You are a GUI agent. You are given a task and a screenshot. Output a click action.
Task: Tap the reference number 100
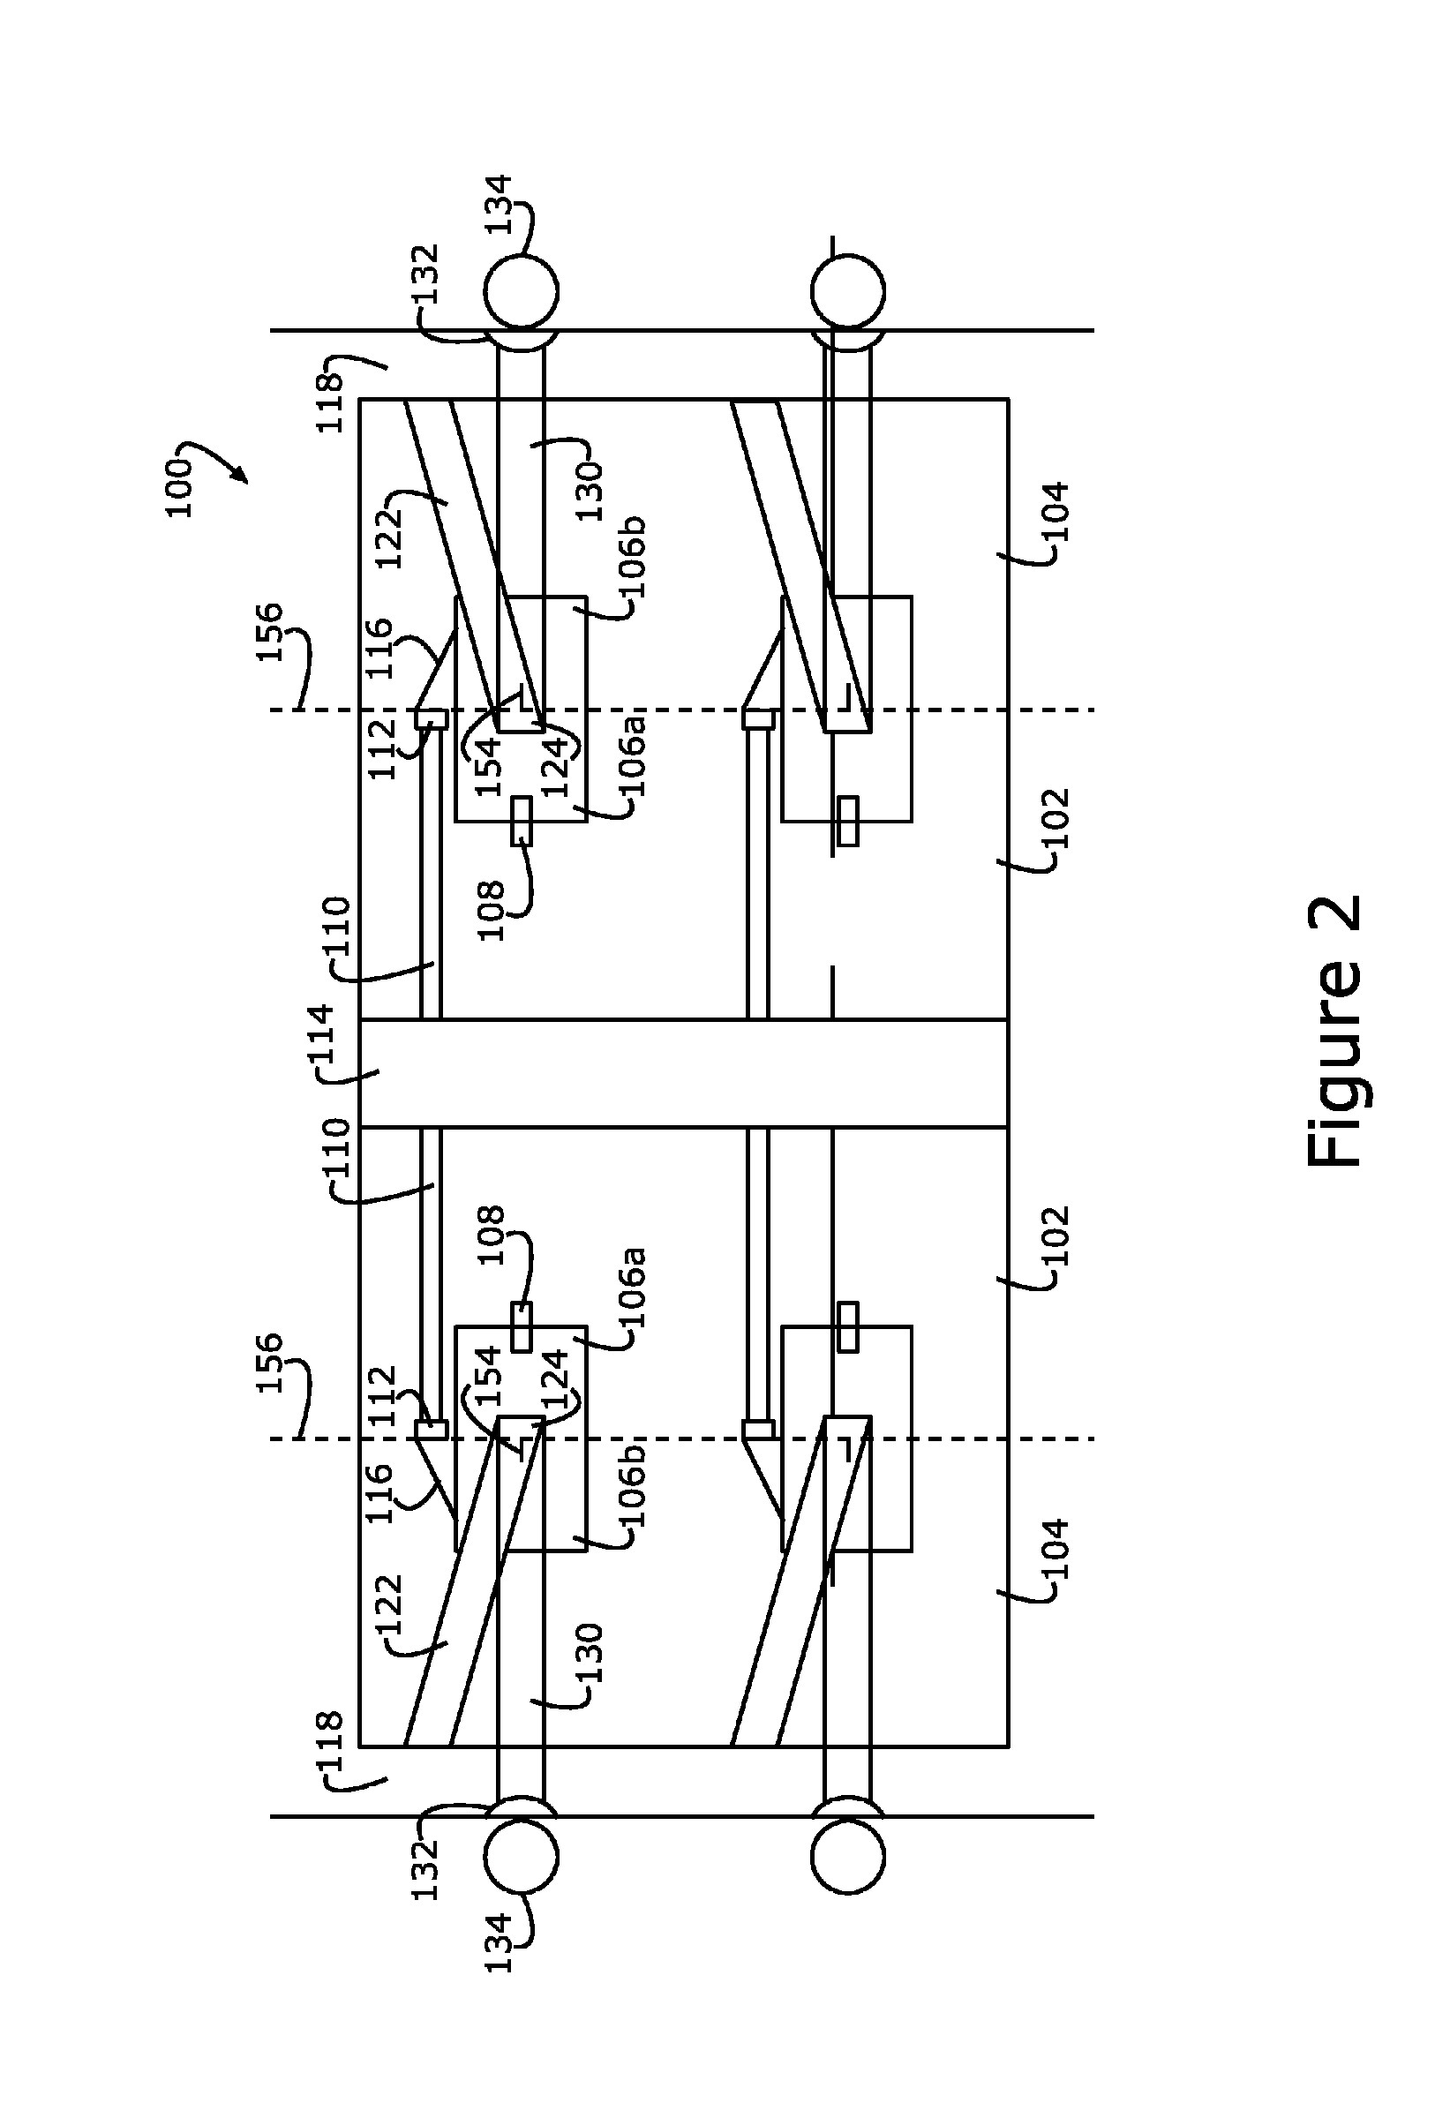pyautogui.click(x=181, y=488)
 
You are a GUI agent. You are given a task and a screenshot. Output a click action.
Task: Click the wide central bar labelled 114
pyautogui.click(x=683, y=1073)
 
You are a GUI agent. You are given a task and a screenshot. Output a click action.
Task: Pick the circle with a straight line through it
pyautogui.click(x=846, y=290)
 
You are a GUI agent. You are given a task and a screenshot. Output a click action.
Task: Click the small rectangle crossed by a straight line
pyautogui.click(x=846, y=822)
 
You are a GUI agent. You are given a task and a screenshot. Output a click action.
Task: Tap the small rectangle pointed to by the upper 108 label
pyautogui.click(x=521, y=822)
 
